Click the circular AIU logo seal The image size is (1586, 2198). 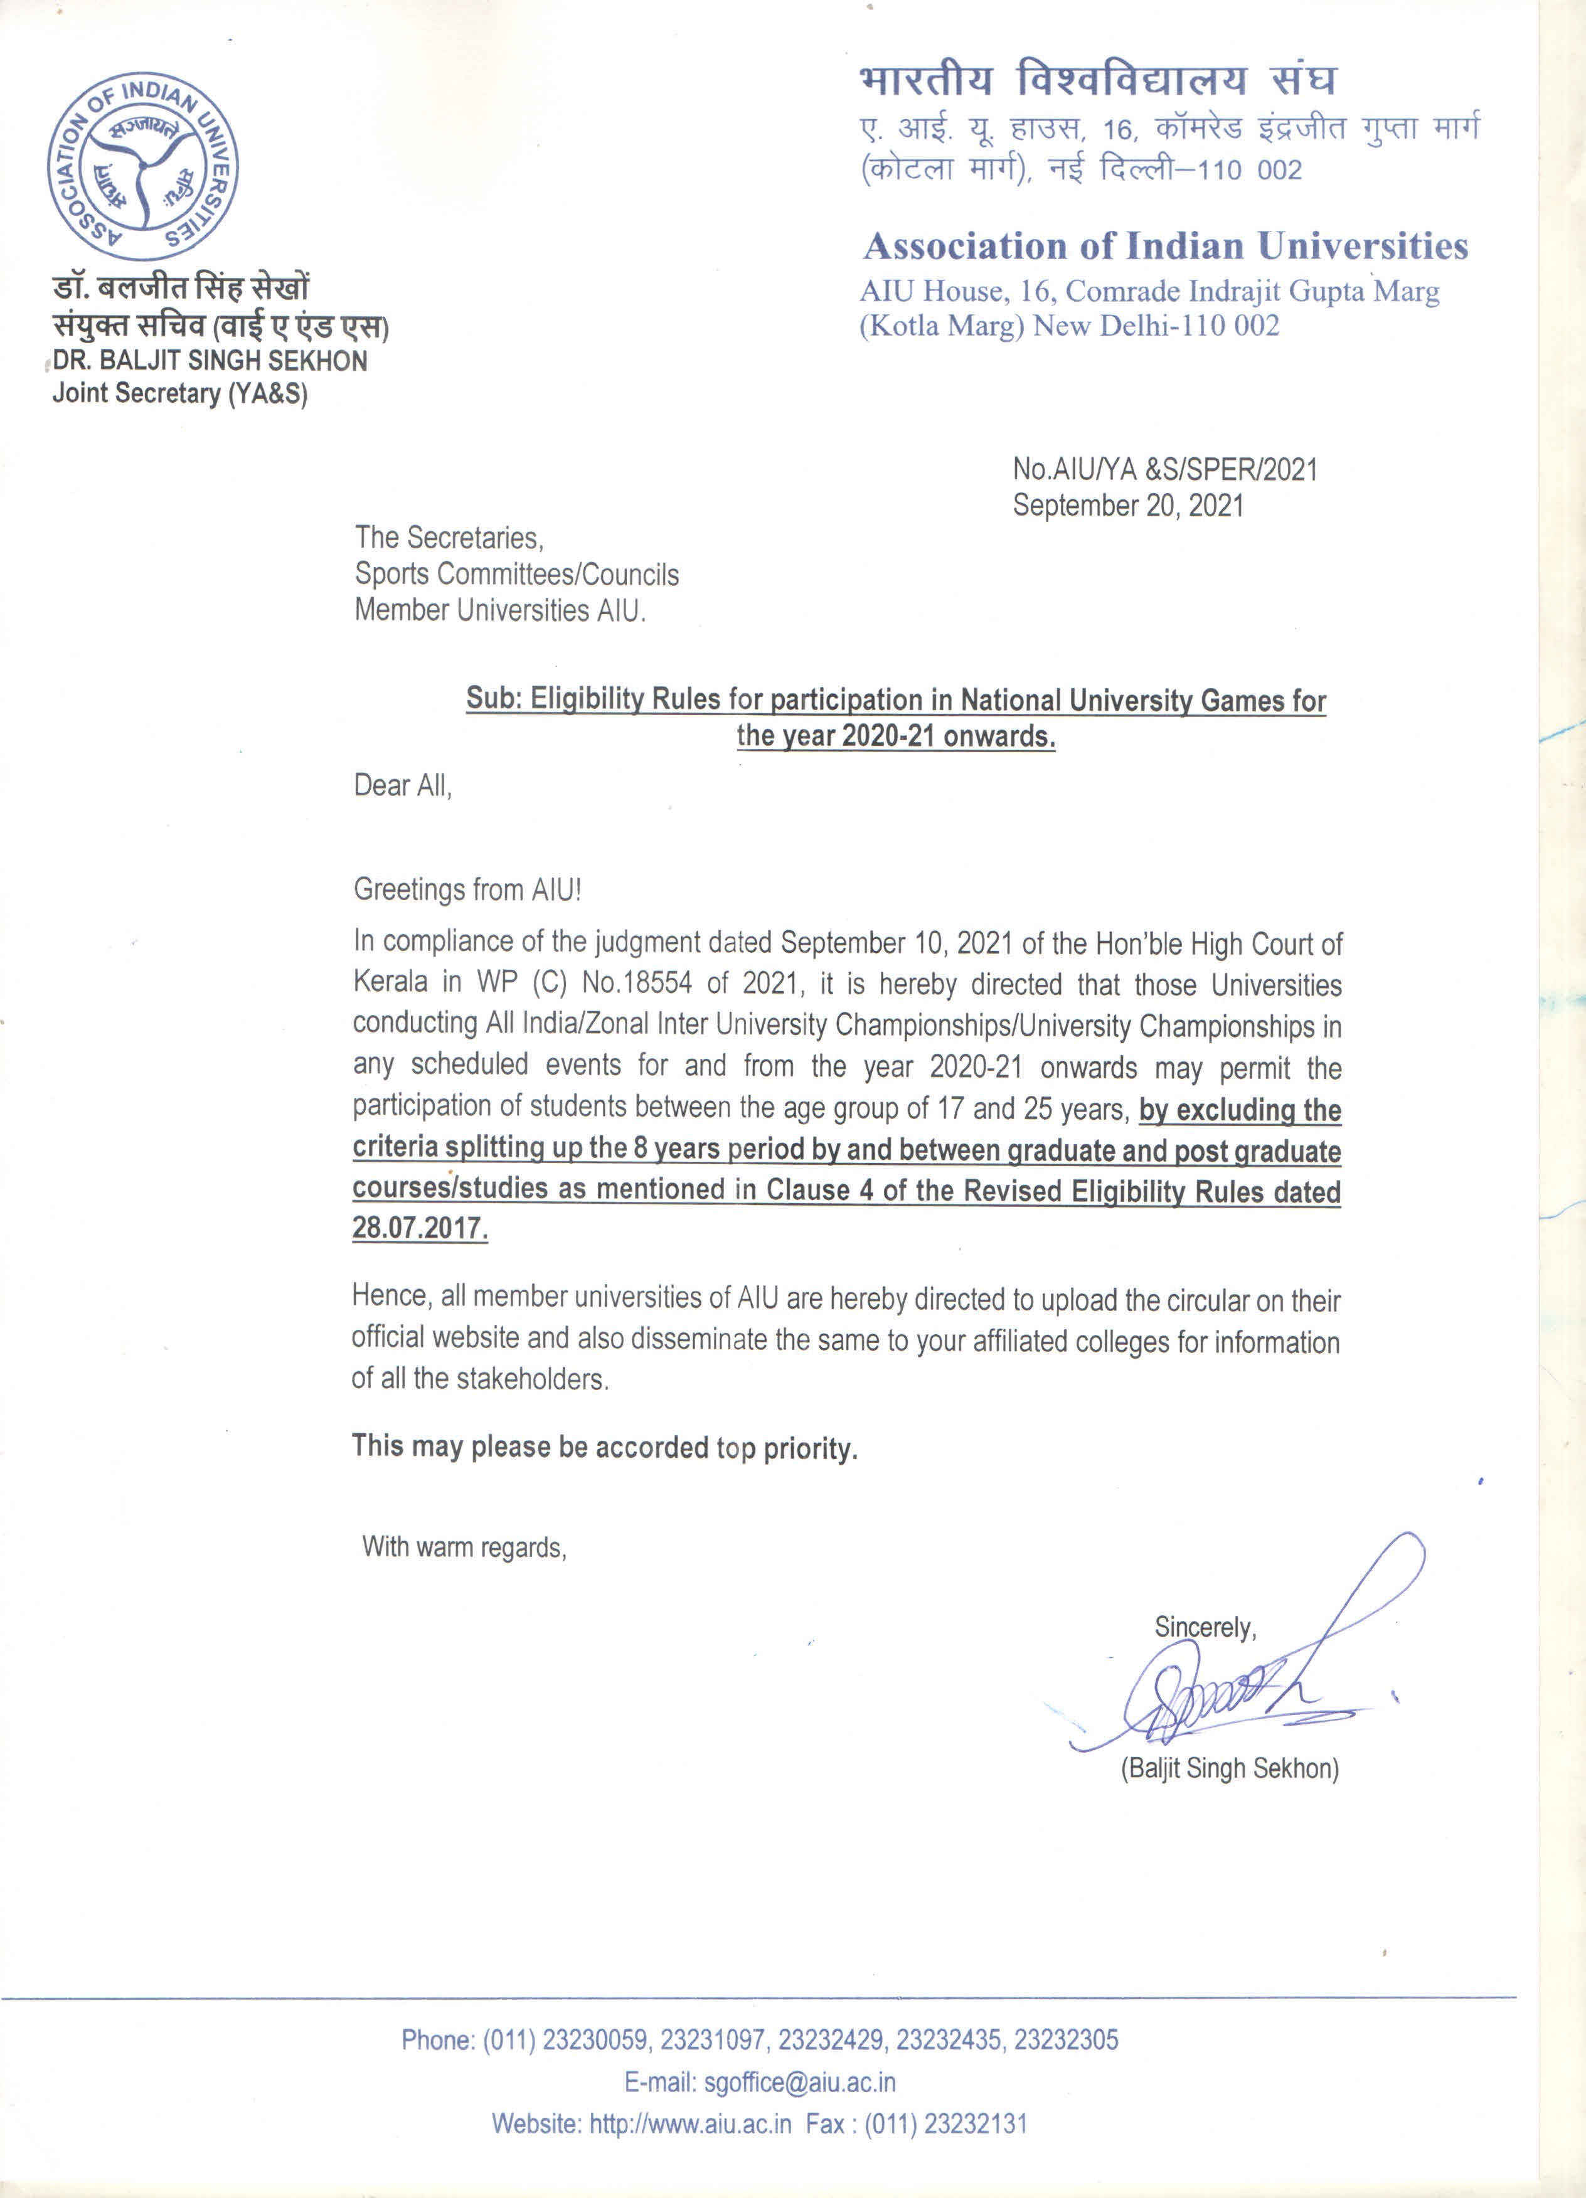click(144, 167)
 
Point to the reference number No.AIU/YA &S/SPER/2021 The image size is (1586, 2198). click(1165, 470)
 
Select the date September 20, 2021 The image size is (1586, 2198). click(1127, 506)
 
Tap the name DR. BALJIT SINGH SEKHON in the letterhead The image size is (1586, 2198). click(210, 361)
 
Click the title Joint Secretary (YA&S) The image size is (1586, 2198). click(180, 393)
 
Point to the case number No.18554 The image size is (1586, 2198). click(637, 984)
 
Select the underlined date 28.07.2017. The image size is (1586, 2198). click(420, 1229)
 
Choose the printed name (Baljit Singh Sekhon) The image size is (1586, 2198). click(1229, 1769)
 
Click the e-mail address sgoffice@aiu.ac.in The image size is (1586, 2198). click(800, 2082)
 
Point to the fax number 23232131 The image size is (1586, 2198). click(976, 2123)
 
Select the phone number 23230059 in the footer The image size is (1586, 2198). click(594, 2040)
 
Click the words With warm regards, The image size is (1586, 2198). click(464, 1547)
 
